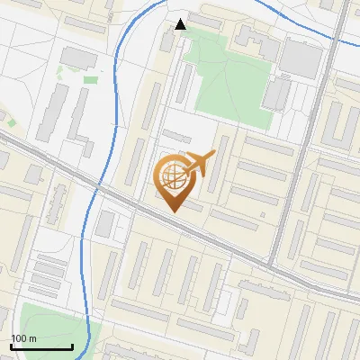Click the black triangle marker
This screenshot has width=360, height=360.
[181, 24]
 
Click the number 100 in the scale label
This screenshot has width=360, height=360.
[18, 338]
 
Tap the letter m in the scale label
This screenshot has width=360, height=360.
[32, 338]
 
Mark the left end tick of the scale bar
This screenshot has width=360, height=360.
[10, 346]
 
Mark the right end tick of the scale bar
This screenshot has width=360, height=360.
[72, 346]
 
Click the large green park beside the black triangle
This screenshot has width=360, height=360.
[225, 81]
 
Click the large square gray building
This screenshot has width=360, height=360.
[301, 58]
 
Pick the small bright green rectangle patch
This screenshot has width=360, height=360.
[91, 79]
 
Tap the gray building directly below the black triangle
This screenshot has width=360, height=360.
[169, 40]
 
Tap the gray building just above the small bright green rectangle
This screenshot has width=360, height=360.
[79, 58]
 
